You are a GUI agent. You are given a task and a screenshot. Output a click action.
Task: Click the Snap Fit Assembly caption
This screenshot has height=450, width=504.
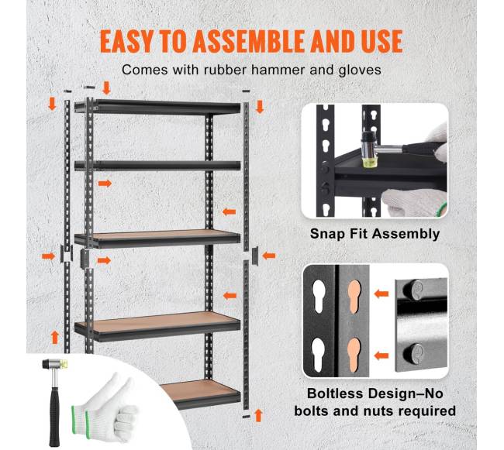375,234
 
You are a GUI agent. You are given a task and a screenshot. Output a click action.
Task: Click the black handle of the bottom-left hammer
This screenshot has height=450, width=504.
54,417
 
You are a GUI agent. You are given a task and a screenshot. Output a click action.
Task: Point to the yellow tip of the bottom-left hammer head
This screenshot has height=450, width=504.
65,363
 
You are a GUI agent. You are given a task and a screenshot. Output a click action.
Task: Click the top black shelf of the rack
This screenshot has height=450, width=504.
157,108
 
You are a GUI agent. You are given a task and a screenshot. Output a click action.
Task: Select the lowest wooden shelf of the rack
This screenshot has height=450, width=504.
200,394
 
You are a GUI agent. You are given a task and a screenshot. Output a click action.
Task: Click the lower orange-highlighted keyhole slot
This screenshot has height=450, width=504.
354,355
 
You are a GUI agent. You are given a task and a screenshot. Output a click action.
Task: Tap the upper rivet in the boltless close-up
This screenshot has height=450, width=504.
414,290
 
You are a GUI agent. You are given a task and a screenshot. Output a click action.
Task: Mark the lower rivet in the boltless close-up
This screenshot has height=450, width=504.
414,353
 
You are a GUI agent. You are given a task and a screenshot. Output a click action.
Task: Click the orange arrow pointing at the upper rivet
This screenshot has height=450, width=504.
381,294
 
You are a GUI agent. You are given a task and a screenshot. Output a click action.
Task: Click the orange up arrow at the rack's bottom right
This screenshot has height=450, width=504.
258,415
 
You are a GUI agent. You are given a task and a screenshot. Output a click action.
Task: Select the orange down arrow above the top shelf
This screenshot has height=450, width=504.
106,88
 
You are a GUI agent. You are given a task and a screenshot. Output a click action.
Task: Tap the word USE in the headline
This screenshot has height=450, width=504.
382,41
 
